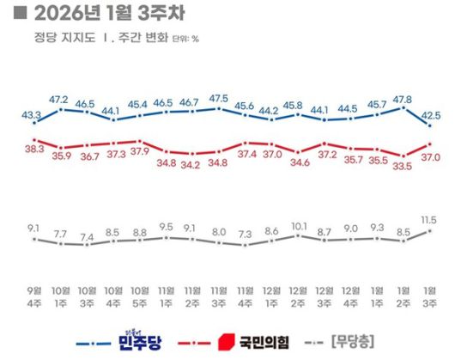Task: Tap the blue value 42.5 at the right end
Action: [x=431, y=113]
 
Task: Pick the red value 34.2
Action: [x=191, y=164]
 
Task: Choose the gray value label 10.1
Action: [x=298, y=227]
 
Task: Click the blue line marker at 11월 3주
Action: [x=218, y=108]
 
